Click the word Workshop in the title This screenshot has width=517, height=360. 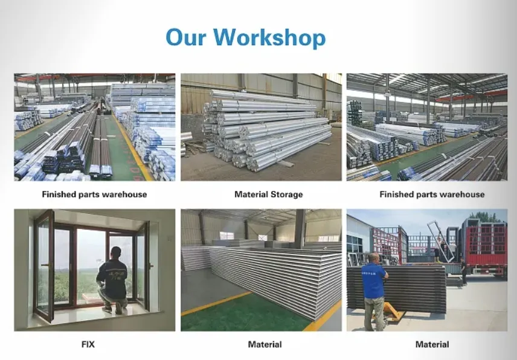click(x=269, y=37)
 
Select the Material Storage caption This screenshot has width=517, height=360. click(x=268, y=194)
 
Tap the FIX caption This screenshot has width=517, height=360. click(x=88, y=344)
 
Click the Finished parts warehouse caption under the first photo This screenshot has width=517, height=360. click(x=94, y=194)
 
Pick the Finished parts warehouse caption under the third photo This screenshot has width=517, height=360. click(x=432, y=194)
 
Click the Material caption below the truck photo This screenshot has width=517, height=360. click(x=432, y=344)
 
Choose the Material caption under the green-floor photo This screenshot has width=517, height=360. click(x=265, y=344)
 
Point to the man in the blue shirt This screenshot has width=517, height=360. click(x=374, y=284)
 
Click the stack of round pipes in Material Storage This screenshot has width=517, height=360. click(x=266, y=130)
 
